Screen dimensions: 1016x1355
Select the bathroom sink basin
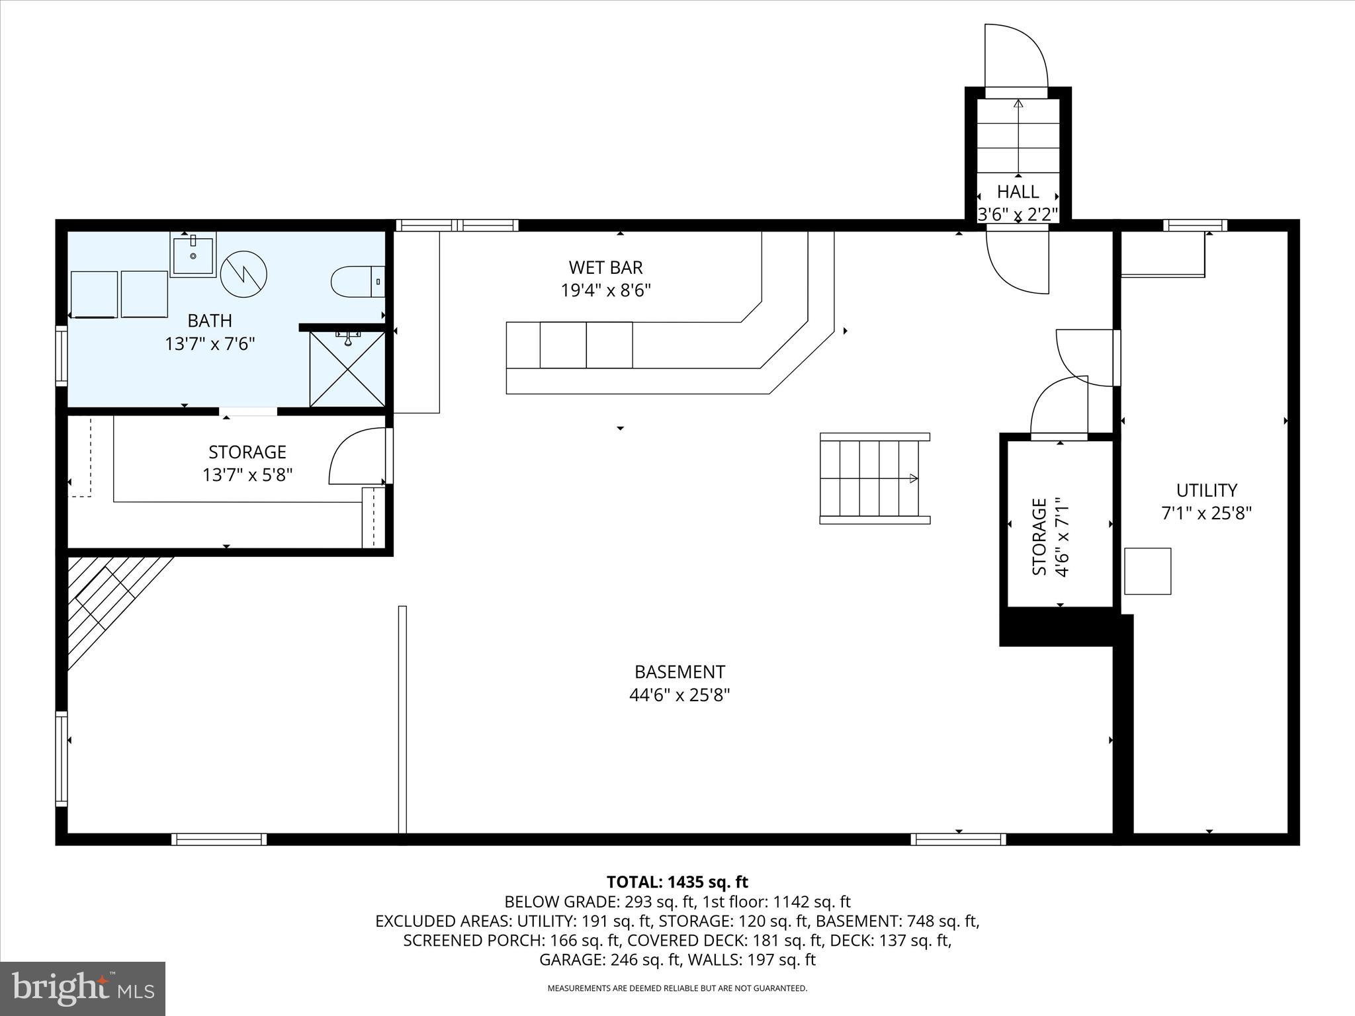click(193, 255)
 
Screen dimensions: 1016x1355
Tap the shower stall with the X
click(347, 369)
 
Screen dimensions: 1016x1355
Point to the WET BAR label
click(605, 267)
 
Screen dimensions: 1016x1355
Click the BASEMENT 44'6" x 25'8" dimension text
click(679, 695)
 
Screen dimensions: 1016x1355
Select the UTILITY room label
click(1206, 490)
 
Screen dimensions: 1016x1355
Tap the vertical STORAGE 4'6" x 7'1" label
click(1049, 537)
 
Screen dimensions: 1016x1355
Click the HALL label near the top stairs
click(1018, 192)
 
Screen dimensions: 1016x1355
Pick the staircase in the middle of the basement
click(873, 478)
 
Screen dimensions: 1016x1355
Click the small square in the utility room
click(1148, 571)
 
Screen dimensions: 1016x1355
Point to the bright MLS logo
click(83, 989)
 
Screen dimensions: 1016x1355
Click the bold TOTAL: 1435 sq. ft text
click(677, 882)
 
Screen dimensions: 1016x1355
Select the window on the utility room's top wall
click(1195, 226)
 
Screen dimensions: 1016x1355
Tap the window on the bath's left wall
click(62, 355)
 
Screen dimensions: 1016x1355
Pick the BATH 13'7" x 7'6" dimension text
click(210, 343)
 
